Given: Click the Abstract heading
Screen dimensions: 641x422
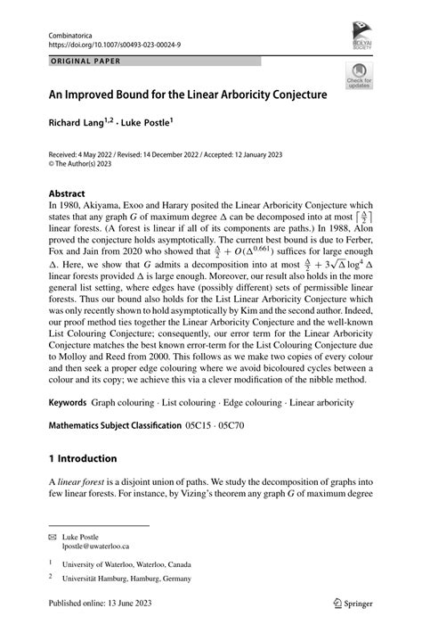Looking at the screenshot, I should point(67,193).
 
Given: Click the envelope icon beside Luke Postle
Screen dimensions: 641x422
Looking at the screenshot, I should point(53,537).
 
